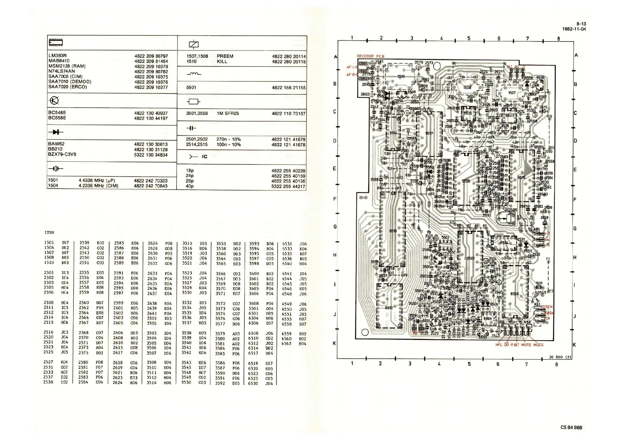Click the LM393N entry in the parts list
(58, 56)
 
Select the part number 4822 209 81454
(151, 61)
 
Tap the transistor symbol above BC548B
(54, 101)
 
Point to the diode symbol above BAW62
(56, 132)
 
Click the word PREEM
(225, 56)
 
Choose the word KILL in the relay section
(222, 61)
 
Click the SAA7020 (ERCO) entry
(67, 87)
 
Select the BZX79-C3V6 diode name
(62, 154)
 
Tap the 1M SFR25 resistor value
(228, 114)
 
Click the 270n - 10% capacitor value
(228, 139)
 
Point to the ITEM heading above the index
(49, 233)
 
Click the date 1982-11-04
(574, 29)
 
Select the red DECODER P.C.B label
(371, 56)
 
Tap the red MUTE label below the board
(526, 345)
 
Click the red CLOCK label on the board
(547, 307)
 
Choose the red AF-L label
(350, 67)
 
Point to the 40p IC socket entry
(190, 186)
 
